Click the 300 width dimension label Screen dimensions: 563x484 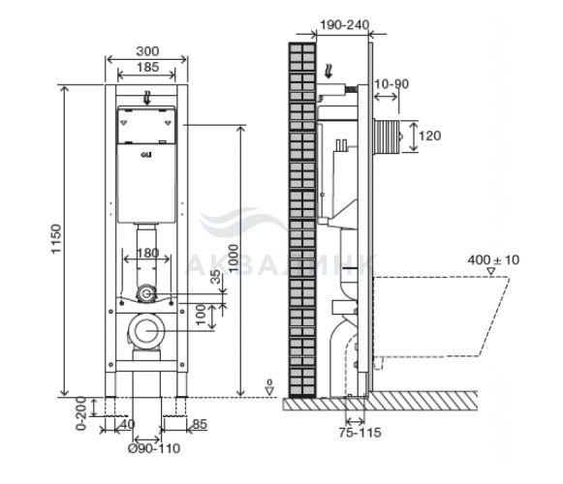pos(147,51)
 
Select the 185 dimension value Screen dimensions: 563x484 pos(147,67)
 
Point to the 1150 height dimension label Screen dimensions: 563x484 pos(56,239)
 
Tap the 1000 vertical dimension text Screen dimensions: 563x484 pos(233,258)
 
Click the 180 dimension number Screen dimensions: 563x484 pos(147,254)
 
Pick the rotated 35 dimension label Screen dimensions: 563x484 pos(215,277)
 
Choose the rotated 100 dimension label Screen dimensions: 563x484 pos(201,315)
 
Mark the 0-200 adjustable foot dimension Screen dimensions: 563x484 pos(81,413)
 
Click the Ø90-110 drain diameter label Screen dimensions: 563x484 pos(154,448)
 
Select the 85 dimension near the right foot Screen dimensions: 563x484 pos(200,424)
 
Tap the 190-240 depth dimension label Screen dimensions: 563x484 pos(344,25)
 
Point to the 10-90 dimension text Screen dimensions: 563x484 pos(391,84)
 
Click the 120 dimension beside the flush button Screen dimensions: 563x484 pos(430,136)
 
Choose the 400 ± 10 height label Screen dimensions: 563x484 pos(493,259)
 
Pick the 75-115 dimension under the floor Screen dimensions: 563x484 pos(360,433)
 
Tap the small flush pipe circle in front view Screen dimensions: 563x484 pos(146,294)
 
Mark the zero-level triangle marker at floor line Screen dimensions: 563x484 pos(269,391)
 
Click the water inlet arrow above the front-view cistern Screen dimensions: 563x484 pos(146,98)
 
